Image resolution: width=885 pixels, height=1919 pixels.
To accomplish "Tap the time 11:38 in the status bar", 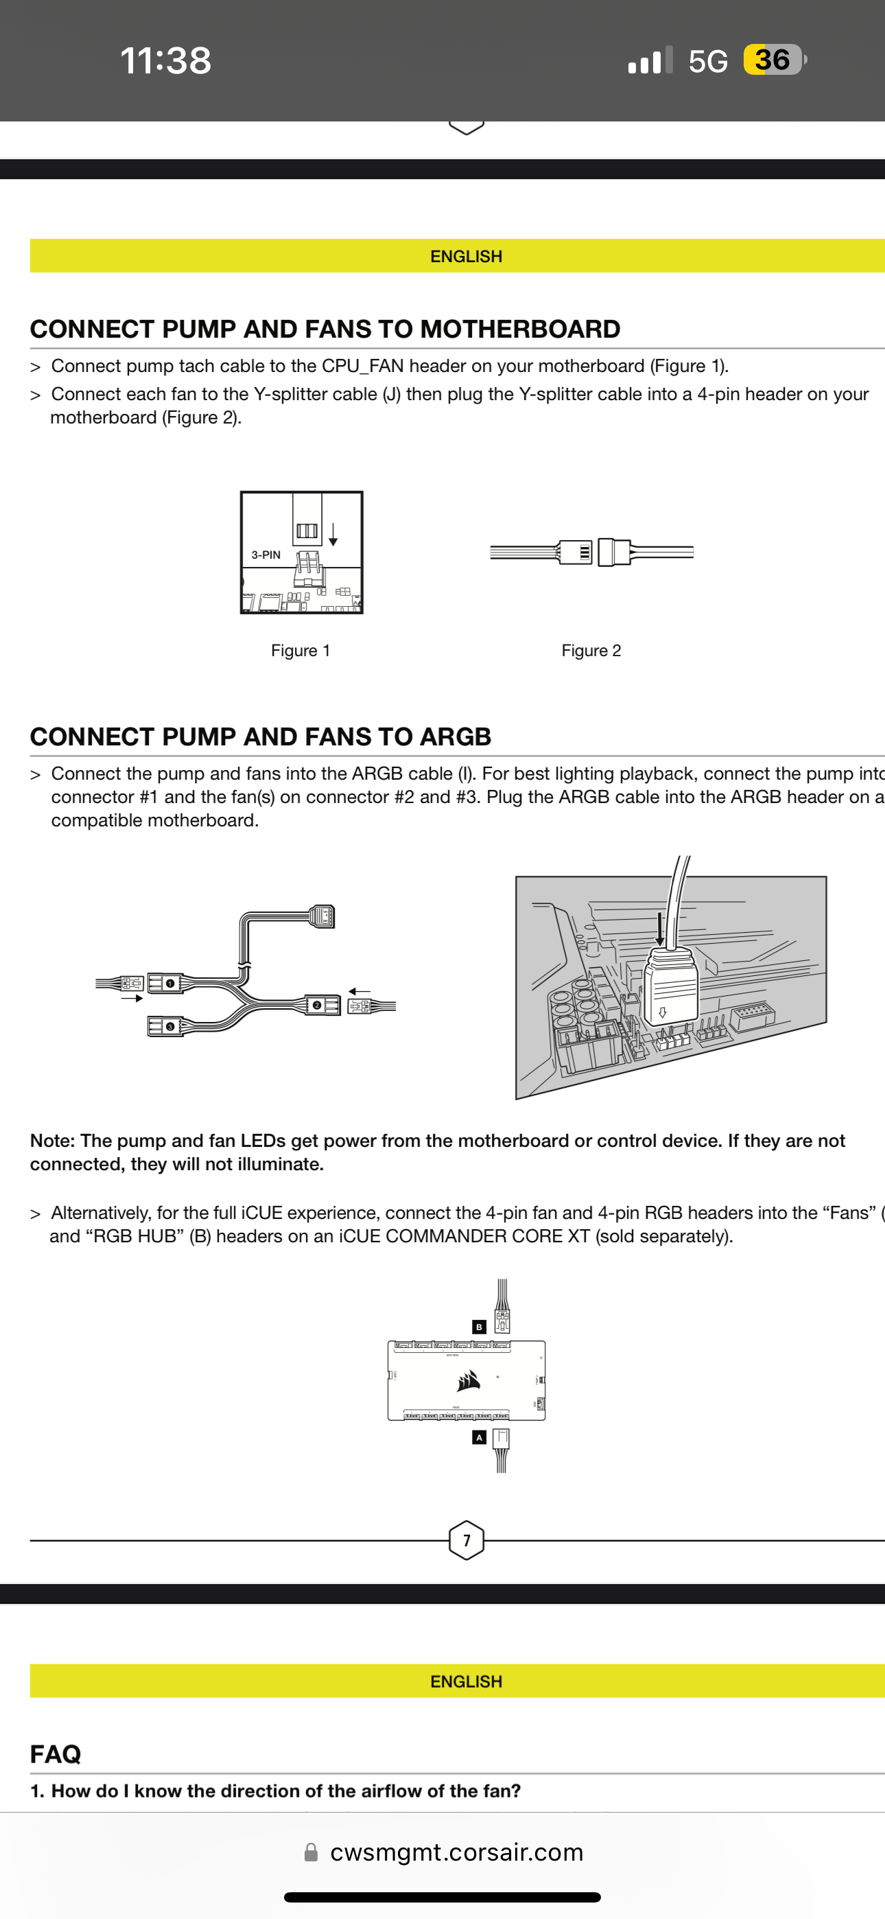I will click(x=165, y=60).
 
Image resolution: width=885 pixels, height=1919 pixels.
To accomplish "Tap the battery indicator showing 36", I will click(x=773, y=60).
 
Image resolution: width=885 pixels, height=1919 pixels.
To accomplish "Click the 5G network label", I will click(x=708, y=61).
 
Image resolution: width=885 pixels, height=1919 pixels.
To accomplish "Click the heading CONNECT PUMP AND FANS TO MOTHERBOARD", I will click(x=324, y=329).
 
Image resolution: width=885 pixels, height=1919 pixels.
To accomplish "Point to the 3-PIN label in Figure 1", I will click(x=266, y=555).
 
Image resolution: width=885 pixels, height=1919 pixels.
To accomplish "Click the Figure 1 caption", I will click(x=300, y=651).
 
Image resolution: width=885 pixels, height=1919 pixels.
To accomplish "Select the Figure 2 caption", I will click(x=591, y=651).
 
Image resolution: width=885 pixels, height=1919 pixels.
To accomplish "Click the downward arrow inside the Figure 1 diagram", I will click(x=333, y=534).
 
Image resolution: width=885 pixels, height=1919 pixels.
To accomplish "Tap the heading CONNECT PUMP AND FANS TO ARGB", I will click(x=261, y=736).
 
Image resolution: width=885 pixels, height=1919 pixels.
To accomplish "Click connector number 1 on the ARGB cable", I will click(x=170, y=984).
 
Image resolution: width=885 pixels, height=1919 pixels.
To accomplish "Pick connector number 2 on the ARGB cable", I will click(x=316, y=1005).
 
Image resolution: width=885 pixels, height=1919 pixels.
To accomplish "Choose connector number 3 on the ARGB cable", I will click(x=170, y=1027).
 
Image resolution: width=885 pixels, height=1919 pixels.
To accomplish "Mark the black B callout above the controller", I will click(x=479, y=1327).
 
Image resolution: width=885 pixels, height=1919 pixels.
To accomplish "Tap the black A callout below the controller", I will click(x=479, y=1438).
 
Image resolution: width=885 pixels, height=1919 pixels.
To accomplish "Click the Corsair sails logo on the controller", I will click(x=469, y=1380).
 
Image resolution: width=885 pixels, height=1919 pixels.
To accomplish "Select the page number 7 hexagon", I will click(x=467, y=1541).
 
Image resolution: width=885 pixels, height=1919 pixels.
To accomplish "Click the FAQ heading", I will click(x=56, y=1754).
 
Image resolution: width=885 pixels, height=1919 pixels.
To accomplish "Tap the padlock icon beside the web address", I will click(x=311, y=1852).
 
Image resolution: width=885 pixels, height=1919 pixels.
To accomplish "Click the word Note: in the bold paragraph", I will click(x=52, y=1141).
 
